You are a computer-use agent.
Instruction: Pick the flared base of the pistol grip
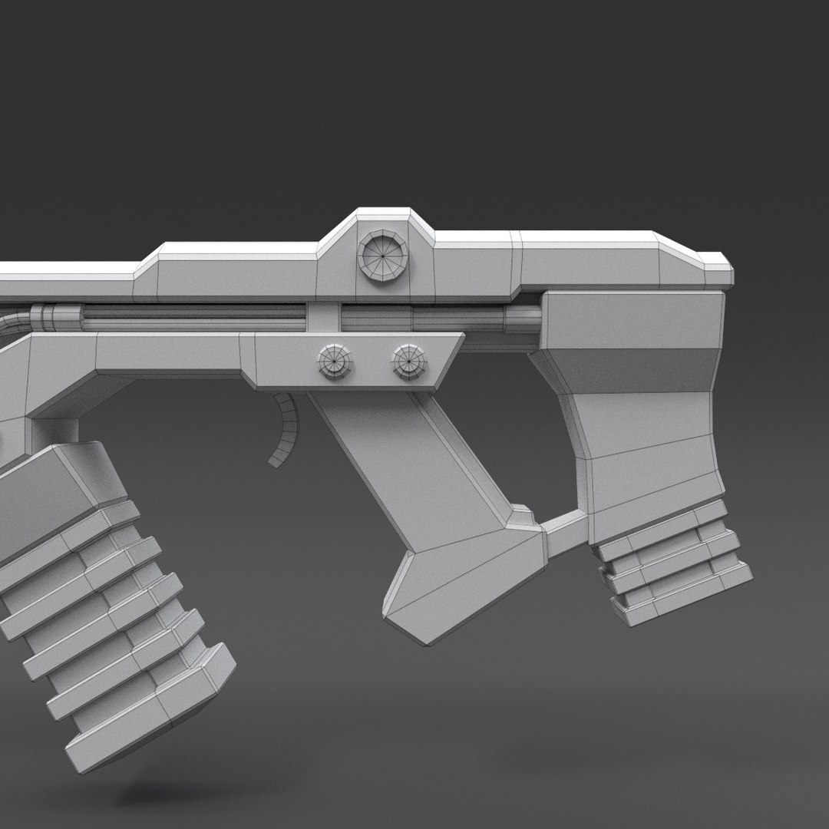pos(461,583)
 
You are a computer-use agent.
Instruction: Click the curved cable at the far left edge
pos(11,322)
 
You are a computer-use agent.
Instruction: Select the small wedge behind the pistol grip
pos(521,516)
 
